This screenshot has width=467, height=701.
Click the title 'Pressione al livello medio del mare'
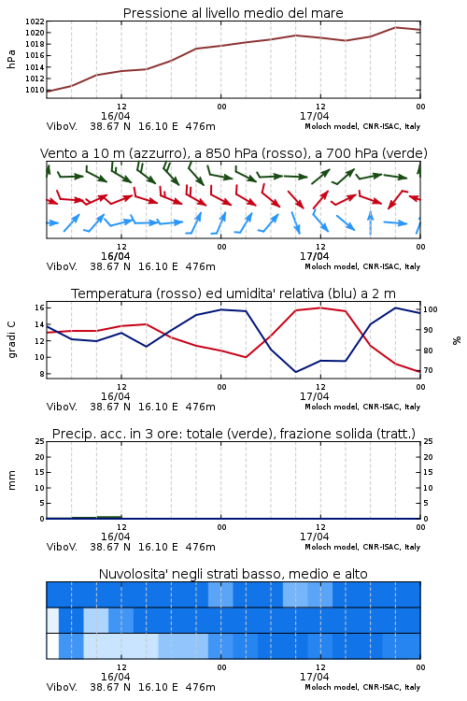(233, 13)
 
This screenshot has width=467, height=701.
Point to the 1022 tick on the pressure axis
(35, 21)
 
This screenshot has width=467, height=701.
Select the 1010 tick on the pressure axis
(35, 90)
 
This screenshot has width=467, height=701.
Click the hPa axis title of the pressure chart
(11, 59)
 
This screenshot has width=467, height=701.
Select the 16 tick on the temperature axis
(39, 308)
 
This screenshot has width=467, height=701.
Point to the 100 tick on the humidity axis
(431, 309)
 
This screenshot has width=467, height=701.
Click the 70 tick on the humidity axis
(428, 371)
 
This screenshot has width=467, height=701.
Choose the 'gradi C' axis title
(11, 340)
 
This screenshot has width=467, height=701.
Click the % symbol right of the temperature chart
(457, 340)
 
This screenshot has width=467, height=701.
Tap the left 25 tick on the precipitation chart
(39, 441)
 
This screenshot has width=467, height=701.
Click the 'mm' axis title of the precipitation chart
(11, 480)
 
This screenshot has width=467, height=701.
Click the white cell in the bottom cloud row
(52, 646)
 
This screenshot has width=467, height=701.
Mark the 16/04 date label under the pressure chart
(115, 116)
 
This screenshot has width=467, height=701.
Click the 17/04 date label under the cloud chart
(314, 677)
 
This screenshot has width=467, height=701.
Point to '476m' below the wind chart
(200, 266)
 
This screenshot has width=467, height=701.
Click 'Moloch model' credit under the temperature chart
(332, 407)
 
